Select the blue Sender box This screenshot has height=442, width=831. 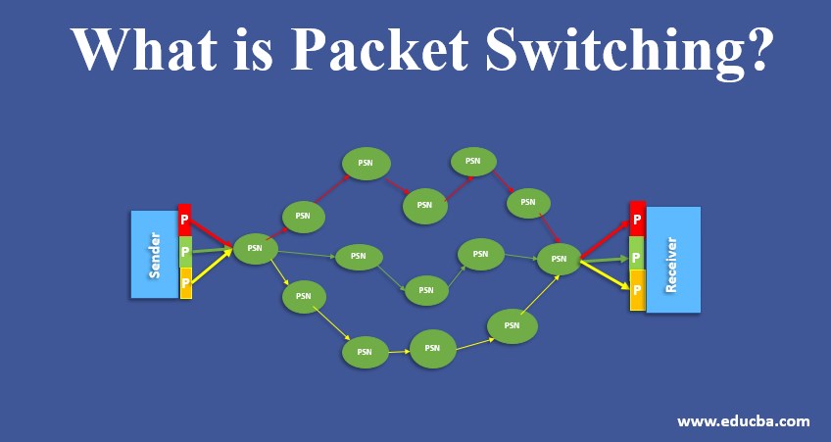tap(154, 254)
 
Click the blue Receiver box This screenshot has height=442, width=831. tap(673, 260)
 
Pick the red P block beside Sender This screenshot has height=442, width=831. tap(185, 221)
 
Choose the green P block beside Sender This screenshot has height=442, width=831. tap(185, 253)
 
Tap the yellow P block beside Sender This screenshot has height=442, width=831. tap(185, 283)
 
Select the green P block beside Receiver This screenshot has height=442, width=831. tap(637, 258)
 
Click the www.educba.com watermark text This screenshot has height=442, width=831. tap(744, 421)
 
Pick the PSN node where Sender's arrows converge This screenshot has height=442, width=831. tap(255, 248)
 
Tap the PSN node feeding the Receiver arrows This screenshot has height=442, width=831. tap(559, 259)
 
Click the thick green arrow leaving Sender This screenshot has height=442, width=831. tap(211, 251)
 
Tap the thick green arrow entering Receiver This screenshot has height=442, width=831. tap(602, 261)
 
